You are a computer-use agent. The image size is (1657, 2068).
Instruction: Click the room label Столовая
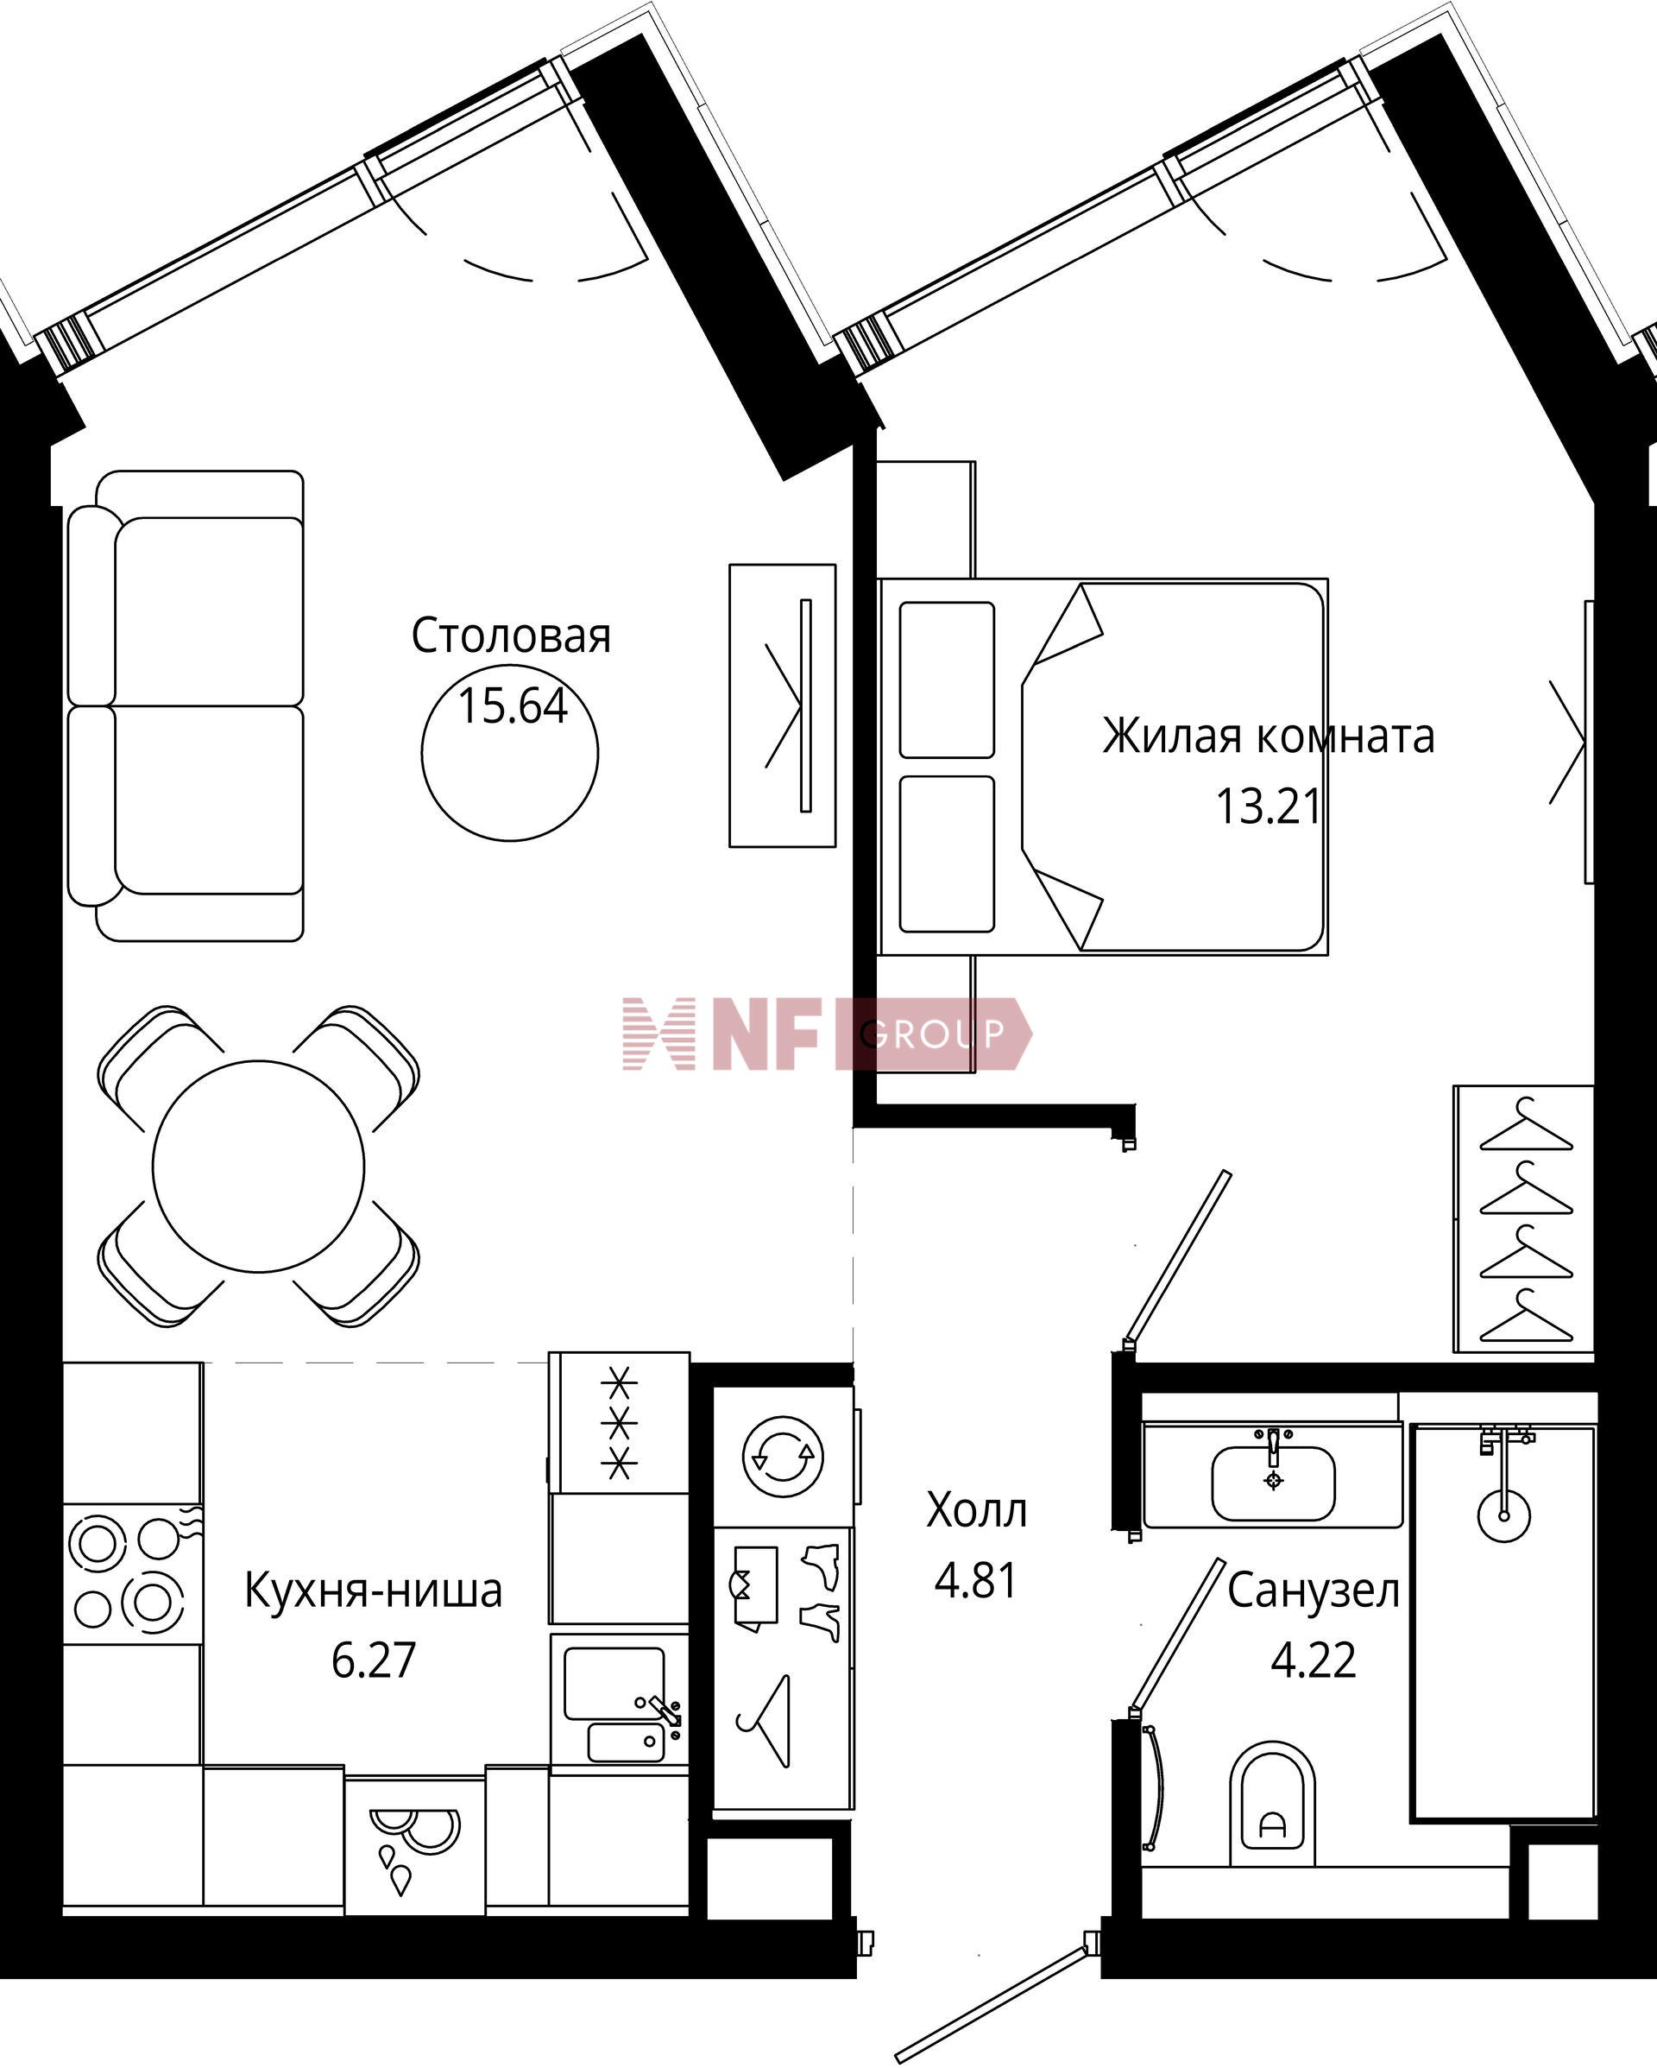511,636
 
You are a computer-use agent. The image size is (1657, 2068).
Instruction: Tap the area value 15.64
513,706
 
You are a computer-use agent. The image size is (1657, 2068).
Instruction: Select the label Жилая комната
1268,737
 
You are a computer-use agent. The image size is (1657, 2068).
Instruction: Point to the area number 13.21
1270,806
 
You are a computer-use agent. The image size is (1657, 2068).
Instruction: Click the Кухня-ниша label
373,1591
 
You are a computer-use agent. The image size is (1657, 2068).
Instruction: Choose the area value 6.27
374,1660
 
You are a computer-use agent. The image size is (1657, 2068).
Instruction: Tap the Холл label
976,1511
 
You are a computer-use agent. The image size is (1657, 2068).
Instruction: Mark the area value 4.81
976,1581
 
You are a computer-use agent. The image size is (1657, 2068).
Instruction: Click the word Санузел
1314,1591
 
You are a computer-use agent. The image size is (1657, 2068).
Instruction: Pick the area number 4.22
1314,1660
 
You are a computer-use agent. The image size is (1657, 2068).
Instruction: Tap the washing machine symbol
784,1457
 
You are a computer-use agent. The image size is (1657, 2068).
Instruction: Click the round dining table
259,1167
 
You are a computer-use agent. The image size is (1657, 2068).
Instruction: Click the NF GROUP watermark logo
827,1034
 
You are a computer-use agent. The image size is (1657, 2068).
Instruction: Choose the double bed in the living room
1104,767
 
